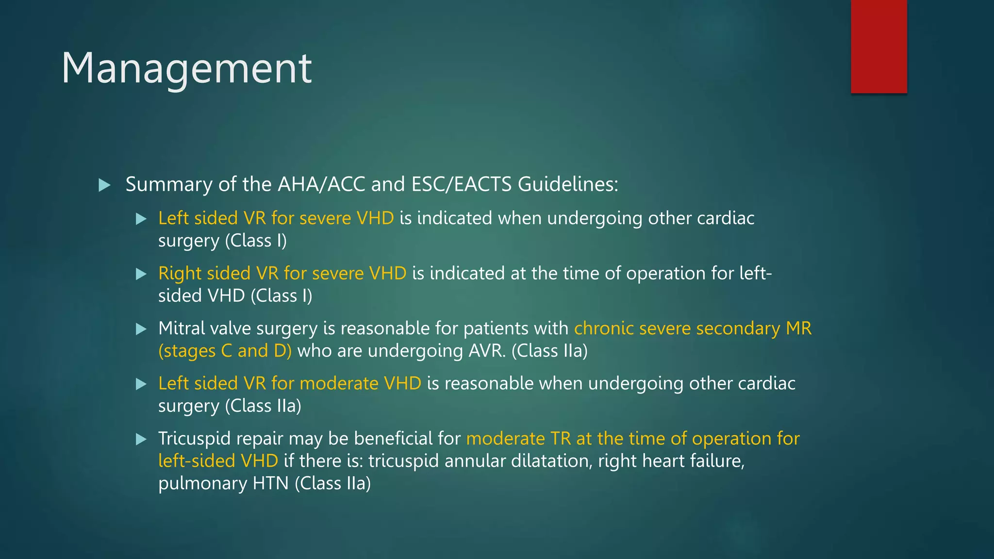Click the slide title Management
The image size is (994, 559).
pyautogui.click(x=186, y=69)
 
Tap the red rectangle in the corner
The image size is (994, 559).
pyautogui.click(x=878, y=47)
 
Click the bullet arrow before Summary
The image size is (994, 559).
pyautogui.click(x=104, y=185)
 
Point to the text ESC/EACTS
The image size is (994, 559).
pyautogui.click(x=461, y=184)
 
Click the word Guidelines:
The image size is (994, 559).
pyautogui.click(x=568, y=184)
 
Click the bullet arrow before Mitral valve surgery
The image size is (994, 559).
pyautogui.click(x=141, y=329)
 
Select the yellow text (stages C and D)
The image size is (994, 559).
pyautogui.click(x=225, y=351)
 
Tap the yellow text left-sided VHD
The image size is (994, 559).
pyautogui.click(x=218, y=460)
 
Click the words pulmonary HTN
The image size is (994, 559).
pyautogui.click(x=223, y=483)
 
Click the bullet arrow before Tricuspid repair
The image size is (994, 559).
pyautogui.click(x=141, y=440)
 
